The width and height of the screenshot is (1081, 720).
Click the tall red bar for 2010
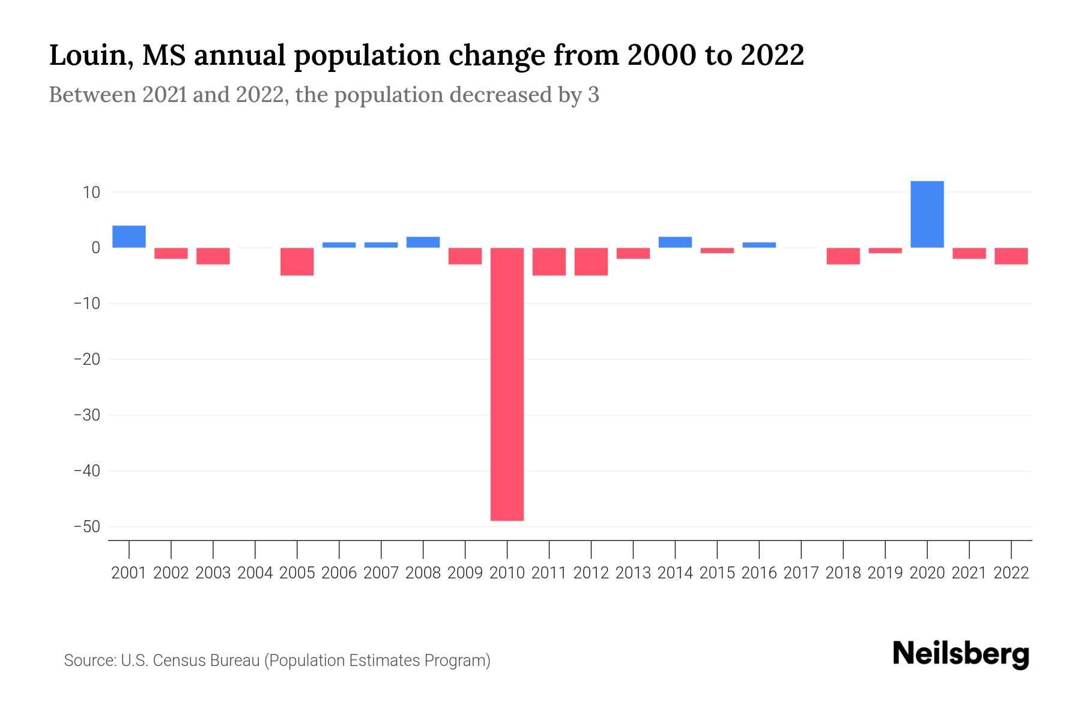coord(507,384)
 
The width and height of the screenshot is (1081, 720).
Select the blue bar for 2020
coord(927,214)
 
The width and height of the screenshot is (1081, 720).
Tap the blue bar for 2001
coord(129,236)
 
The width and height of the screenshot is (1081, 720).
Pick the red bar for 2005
coord(297,262)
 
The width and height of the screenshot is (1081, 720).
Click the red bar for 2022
coord(1011,256)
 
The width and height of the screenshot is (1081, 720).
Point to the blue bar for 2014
coord(675,242)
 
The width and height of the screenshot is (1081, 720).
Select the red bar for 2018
coord(843,256)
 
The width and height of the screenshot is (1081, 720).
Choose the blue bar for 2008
coord(423,242)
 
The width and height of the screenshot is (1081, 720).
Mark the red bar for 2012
coord(591,262)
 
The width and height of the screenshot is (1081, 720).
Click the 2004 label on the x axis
coord(255,573)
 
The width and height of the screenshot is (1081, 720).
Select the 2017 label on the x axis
coord(801,573)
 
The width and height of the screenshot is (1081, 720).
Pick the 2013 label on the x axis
coord(633,573)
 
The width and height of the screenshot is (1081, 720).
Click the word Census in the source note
coord(180,661)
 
